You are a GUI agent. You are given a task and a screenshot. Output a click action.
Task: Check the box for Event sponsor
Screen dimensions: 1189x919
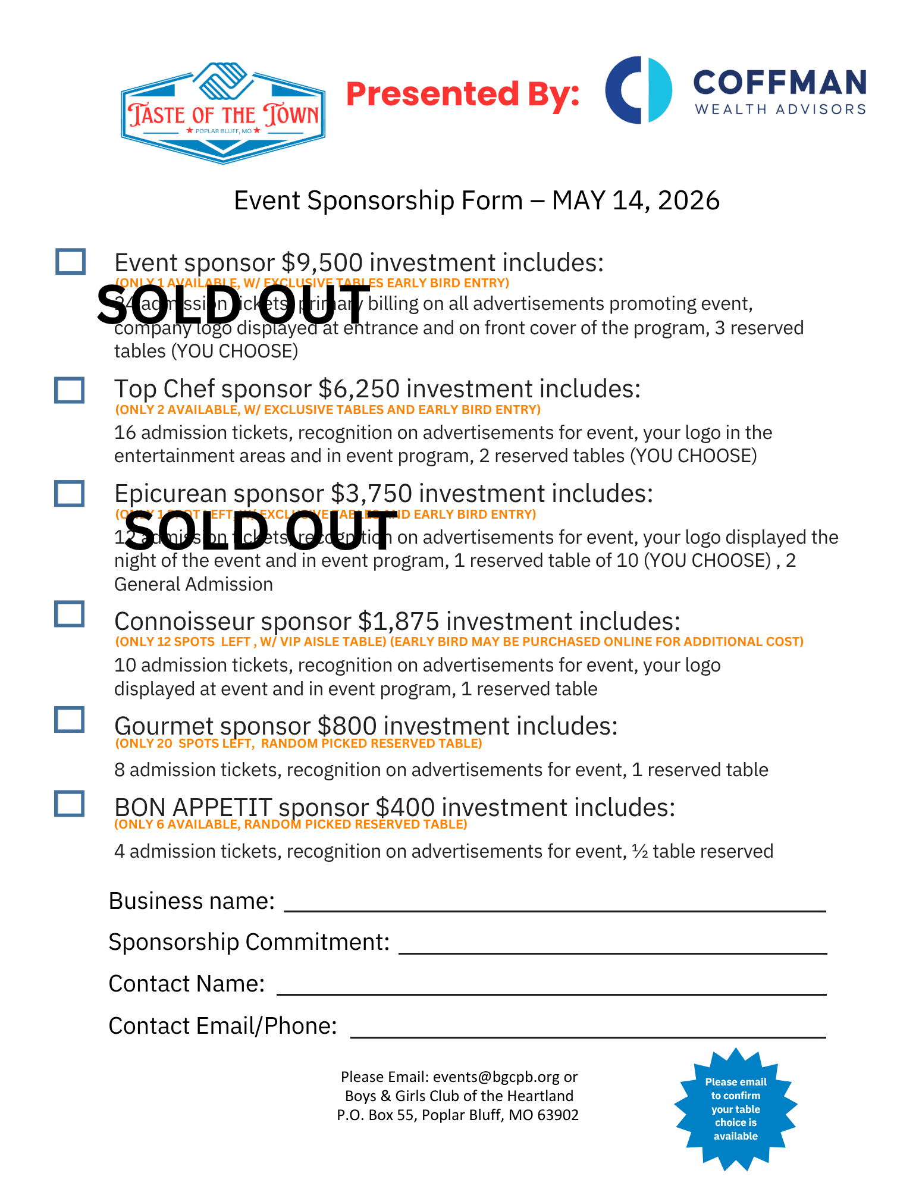click(x=70, y=262)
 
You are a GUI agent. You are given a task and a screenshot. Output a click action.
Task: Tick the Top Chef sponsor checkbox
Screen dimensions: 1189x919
click(x=69, y=390)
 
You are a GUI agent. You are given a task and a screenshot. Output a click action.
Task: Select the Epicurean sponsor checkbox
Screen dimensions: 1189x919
click(x=69, y=494)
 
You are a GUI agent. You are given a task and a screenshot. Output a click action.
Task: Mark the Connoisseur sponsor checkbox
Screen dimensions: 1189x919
click(x=69, y=614)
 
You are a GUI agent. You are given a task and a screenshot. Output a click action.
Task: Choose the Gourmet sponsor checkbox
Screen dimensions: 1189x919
click(x=69, y=720)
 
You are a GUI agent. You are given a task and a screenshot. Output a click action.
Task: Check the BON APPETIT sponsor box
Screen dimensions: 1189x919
click(x=69, y=804)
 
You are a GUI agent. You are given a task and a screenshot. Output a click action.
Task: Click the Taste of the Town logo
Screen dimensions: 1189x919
click(x=223, y=113)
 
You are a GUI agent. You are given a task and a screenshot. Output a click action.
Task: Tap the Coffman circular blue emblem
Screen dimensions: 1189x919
click(x=638, y=90)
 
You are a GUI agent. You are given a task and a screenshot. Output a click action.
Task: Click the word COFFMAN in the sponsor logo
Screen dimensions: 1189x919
click(x=779, y=82)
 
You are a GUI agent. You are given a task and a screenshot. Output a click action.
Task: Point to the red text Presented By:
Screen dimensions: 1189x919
click(x=462, y=94)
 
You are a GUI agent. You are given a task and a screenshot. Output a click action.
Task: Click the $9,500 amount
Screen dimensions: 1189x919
click(x=322, y=263)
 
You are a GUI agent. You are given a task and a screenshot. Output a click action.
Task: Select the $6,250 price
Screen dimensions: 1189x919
click(x=359, y=389)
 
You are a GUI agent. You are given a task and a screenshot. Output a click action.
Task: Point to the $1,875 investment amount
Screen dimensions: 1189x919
click(x=399, y=622)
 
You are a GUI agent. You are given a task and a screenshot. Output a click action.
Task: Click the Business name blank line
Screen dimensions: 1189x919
click(x=554, y=904)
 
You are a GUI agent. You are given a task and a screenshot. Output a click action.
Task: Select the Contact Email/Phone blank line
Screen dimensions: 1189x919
click(x=588, y=1030)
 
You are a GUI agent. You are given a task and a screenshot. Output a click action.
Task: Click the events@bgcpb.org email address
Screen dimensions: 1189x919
click(x=496, y=1077)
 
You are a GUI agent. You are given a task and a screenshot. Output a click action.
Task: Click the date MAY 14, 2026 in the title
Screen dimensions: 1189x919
click(x=635, y=200)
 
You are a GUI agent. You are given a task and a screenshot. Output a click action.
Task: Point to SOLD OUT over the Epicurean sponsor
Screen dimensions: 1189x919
click(x=261, y=531)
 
